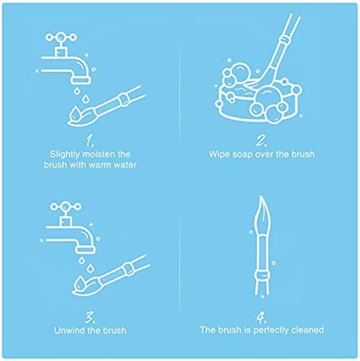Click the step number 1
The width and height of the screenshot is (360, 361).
90,141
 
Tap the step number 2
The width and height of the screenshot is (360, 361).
262,140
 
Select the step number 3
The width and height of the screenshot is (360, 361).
90,317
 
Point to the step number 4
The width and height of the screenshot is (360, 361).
262,317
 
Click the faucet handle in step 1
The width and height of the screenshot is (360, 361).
61,37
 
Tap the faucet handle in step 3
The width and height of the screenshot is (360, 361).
65,207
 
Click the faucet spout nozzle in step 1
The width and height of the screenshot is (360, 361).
81,80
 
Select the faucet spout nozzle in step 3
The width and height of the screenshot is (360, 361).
85,249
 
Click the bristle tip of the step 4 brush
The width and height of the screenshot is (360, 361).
261,196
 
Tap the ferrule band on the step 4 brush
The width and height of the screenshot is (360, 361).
262,276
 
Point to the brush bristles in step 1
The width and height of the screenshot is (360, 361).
81,117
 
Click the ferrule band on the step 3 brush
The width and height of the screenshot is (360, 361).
128,269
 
